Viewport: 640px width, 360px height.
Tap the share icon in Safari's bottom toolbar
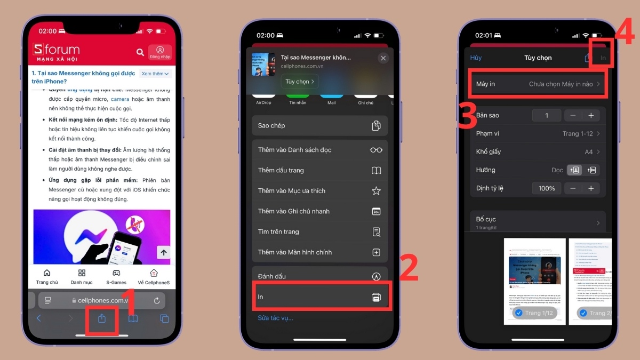[x=102, y=319]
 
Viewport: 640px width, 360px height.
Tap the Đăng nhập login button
[x=160, y=52]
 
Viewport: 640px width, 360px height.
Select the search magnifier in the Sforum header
[x=140, y=52]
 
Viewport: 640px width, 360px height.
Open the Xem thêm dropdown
[x=155, y=74]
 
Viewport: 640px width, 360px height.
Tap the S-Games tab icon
[x=116, y=273]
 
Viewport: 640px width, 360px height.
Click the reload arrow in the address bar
[x=157, y=300]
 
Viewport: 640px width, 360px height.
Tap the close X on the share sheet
[x=383, y=58]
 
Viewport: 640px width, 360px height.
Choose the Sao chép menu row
[x=319, y=126]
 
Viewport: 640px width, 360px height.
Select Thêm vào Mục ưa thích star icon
[x=376, y=191]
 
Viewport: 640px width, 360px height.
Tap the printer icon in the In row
[x=376, y=297]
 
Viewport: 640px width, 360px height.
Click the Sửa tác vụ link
[x=276, y=318]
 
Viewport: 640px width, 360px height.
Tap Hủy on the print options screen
[x=476, y=58]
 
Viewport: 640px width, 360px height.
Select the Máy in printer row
[x=538, y=84]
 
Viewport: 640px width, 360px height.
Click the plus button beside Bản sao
[x=591, y=116]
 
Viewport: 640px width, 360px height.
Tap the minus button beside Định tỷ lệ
[x=573, y=188]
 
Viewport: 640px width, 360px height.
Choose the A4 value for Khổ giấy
[x=589, y=152]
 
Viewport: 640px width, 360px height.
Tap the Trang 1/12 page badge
[x=535, y=313]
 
